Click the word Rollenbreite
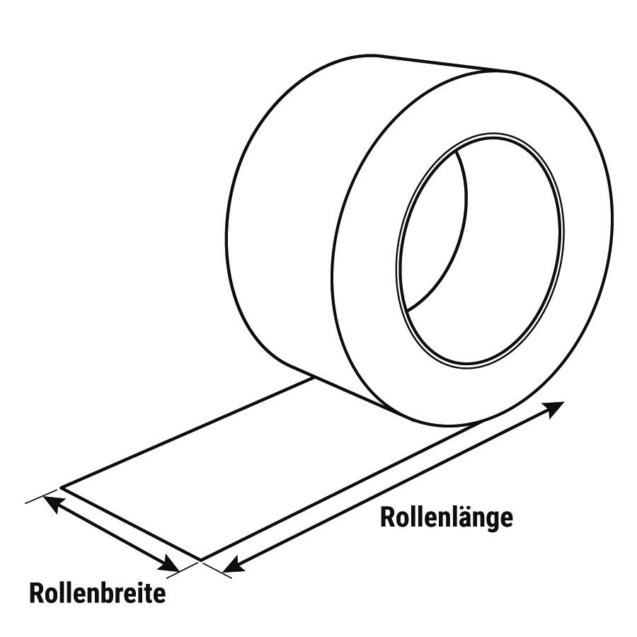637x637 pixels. [98, 594]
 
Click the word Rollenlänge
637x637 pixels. [447, 518]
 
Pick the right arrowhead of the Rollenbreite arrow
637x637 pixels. [169, 564]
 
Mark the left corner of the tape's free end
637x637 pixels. [61, 487]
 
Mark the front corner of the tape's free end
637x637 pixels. [201, 561]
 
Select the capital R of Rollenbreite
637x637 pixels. [36, 594]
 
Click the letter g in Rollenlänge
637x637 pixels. [492, 521]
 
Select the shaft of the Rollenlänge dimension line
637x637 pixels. [394, 487]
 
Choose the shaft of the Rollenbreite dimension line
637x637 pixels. [111, 534]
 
